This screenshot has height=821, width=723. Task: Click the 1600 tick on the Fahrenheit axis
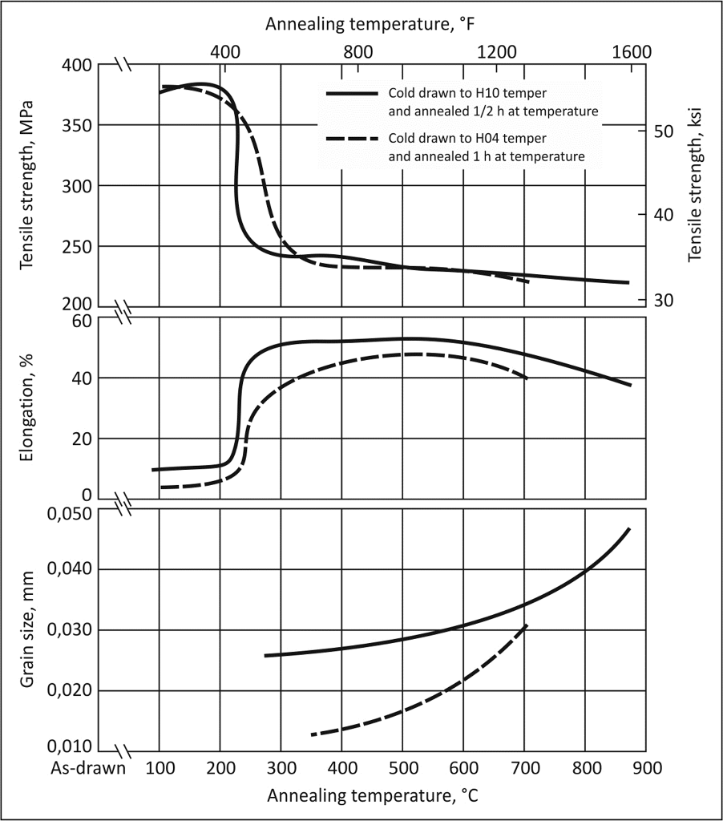(631, 52)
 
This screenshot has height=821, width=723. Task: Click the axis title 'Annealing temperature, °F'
(371, 23)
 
